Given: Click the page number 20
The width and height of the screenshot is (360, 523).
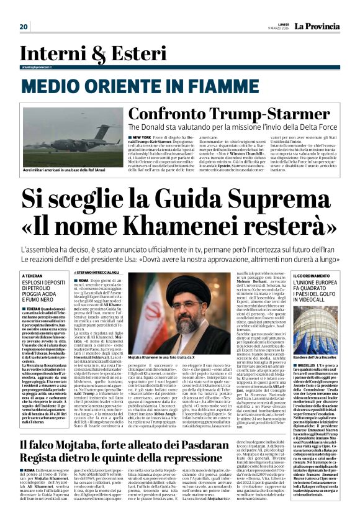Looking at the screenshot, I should pyautogui.click(x=24, y=26).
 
